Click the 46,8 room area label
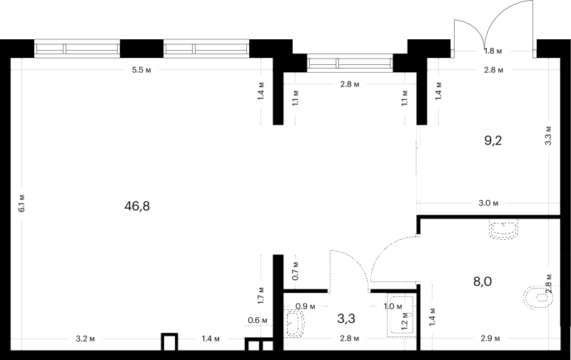[x=137, y=206]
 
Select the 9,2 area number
[x=493, y=140]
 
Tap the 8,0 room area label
[x=482, y=281]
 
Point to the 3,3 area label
[x=346, y=319]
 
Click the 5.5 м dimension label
[x=141, y=70]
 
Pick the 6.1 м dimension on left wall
[x=22, y=204]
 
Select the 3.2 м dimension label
[x=85, y=339]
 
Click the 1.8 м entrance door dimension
[x=493, y=51]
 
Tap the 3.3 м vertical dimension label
[x=548, y=136]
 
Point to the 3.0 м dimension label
[x=488, y=203]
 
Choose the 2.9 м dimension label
[x=490, y=339]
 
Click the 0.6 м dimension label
[x=258, y=321]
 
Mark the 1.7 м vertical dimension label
[x=261, y=296]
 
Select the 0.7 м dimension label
[x=295, y=271]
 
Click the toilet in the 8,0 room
[x=537, y=297]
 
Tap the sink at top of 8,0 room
[x=504, y=230]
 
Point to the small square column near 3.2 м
[x=170, y=341]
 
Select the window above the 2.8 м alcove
[x=350, y=63]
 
